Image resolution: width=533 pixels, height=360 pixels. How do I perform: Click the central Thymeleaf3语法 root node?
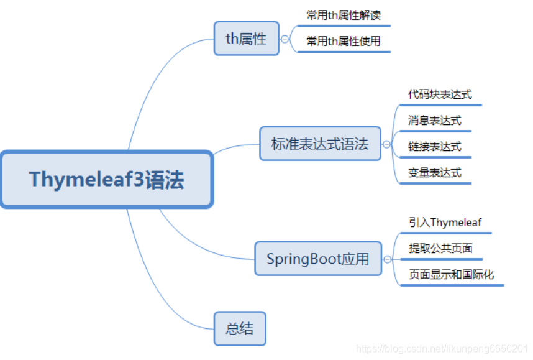107,179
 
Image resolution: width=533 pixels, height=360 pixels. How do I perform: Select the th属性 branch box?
246,39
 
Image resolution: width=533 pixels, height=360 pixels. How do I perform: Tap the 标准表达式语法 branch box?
320,144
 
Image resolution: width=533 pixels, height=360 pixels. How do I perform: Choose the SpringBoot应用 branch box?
318,259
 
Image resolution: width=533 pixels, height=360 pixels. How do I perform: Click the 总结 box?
240,328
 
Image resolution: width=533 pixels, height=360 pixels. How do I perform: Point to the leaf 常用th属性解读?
344,15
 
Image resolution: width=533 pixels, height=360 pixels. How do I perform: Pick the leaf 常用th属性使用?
344,42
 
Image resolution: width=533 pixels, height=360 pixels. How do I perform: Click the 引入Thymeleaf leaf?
445,223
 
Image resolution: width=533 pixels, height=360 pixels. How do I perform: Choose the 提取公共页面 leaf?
440,249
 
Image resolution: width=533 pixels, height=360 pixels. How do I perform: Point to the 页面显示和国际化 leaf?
451,274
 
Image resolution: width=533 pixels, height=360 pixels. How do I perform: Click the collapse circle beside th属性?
285,39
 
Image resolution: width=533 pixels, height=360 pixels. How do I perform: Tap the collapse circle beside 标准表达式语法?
386,144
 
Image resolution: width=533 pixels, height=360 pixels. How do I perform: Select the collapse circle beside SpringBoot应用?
387,259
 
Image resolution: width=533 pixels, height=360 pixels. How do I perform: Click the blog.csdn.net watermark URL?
442,349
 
